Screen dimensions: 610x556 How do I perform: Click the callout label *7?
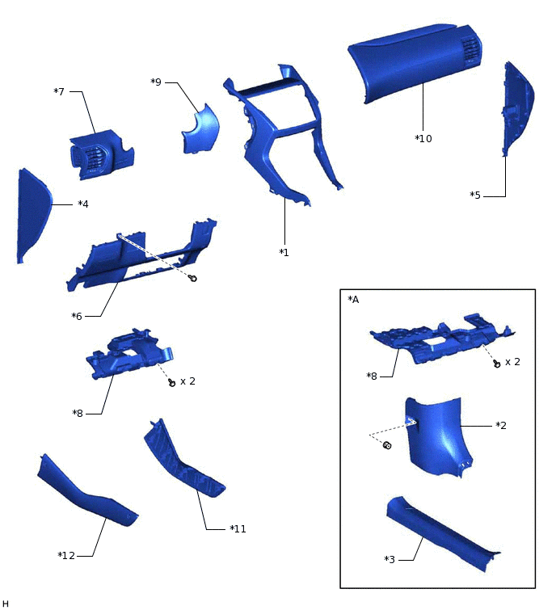tap(59, 91)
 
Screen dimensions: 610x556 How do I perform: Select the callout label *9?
tap(156, 82)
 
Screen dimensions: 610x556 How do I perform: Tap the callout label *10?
tap(423, 138)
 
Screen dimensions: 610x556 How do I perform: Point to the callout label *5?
tap(477, 195)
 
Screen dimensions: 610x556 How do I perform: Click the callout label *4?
tap(82, 204)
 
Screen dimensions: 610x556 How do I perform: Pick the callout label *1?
tap(284, 252)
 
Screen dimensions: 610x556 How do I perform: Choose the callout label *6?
tap(78, 316)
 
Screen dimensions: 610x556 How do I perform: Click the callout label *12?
tap(66, 555)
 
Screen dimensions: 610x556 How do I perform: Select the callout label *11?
tap(237, 528)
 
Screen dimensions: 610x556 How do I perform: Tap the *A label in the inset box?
tap(353, 300)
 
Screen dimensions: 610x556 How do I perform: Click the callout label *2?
tap(501, 425)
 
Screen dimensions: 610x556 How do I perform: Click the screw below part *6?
tap(193, 279)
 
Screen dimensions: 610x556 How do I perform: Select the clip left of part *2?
tap(386, 446)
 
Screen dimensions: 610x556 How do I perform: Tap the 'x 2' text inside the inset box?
tap(512, 361)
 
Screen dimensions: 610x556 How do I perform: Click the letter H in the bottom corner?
tap(6, 604)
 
